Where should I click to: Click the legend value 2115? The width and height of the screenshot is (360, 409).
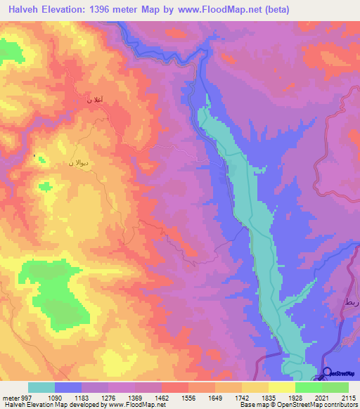pos(348,398)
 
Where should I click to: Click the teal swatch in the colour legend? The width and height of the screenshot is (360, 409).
pos(41,387)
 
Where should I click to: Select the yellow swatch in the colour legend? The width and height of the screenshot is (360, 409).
pos(281,387)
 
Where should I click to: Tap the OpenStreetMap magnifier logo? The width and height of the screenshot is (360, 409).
pos(326,373)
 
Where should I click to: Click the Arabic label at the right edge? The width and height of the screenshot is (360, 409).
pos(352,301)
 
